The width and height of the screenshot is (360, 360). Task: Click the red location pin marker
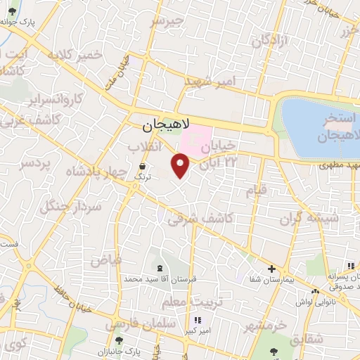(181, 165)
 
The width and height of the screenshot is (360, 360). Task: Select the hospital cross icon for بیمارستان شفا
(272, 269)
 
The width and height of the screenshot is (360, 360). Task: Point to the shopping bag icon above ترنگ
(143, 166)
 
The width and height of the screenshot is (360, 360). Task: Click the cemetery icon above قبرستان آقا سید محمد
(160, 268)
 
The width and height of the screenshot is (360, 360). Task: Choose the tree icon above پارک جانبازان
(128, 340)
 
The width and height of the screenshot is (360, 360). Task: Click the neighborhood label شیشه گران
(314, 217)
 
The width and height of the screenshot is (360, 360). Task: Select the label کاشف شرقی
(200, 217)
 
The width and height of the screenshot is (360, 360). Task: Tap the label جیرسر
(166, 22)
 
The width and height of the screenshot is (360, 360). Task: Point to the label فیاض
(105, 259)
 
